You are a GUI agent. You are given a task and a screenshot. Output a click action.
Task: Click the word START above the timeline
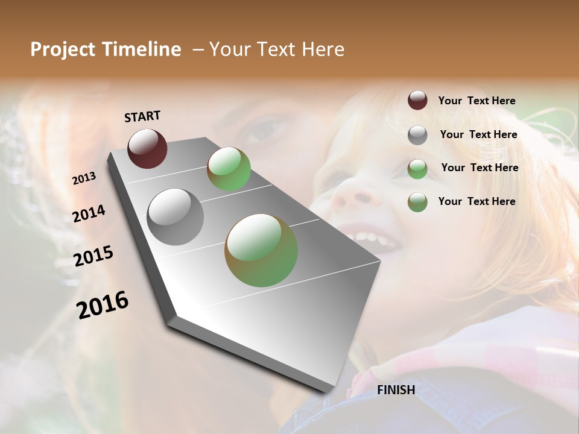pos(142,116)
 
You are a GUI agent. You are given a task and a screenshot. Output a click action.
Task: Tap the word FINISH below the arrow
pos(396,390)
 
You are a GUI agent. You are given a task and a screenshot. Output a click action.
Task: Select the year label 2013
pos(84,178)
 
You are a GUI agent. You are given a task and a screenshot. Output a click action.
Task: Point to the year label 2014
pos(89,214)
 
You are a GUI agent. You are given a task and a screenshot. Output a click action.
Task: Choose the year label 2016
pos(103,304)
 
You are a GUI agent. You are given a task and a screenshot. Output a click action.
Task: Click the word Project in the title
pos(63,49)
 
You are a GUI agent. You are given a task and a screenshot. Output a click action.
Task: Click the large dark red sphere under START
pos(147,148)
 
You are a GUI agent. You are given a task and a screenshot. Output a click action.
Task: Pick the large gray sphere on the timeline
pos(176,216)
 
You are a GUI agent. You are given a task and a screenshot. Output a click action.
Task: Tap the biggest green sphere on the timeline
pos(261,250)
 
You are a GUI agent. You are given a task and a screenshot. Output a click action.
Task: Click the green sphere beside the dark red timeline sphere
pos(229,169)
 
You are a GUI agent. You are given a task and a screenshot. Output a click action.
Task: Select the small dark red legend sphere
pos(417,100)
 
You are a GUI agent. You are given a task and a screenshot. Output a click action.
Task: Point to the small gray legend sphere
pos(417,135)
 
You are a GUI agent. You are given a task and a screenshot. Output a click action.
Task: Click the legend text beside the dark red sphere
pos(476,101)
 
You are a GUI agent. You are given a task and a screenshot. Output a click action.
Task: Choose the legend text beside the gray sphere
pos(478,134)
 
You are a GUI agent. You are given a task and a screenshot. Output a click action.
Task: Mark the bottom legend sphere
pos(417,202)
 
